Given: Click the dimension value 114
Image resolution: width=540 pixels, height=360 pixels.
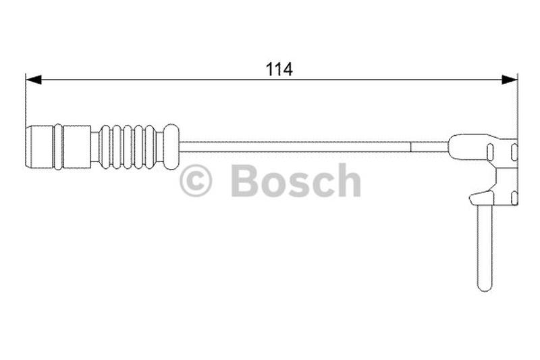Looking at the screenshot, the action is [279, 70].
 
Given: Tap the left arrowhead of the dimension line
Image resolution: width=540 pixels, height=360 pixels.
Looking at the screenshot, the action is [33, 80].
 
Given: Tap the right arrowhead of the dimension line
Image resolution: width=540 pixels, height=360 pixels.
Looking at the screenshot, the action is [510, 80].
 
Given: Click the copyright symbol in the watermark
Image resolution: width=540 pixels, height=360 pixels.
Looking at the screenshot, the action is [196, 180].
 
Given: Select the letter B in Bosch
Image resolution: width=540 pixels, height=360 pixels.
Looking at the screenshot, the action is [246, 180].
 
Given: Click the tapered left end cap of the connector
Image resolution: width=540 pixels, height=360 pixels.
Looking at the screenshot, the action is [40, 147].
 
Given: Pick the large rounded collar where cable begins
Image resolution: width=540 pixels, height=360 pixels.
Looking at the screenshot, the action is [171, 147].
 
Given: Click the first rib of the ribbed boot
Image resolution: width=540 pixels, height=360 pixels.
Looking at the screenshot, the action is [105, 147].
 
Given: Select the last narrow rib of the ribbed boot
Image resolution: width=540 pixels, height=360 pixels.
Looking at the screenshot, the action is [150, 147].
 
